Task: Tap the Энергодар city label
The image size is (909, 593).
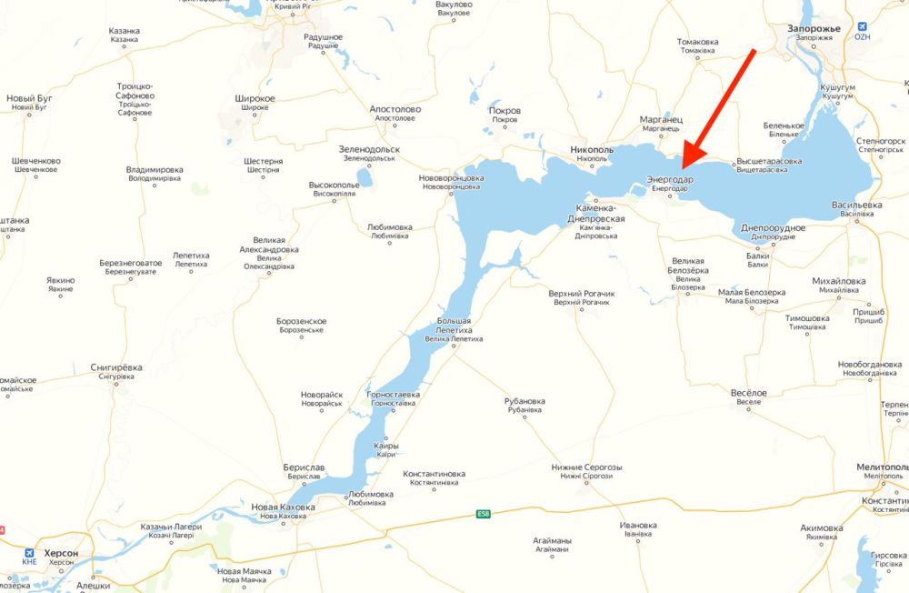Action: click(x=670, y=180)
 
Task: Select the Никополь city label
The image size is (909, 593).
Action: click(x=591, y=148)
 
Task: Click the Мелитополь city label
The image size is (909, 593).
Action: click(x=882, y=467)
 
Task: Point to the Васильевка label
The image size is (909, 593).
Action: click(x=856, y=206)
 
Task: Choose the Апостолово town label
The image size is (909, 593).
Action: click(x=395, y=108)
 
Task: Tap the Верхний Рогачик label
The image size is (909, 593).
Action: click(x=582, y=294)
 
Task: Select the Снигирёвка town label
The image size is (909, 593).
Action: click(x=116, y=367)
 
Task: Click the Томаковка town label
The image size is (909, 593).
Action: click(x=698, y=42)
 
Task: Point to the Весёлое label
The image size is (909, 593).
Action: click(x=749, y=393)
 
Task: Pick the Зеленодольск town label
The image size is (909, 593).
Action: click(x=368, y=149)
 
